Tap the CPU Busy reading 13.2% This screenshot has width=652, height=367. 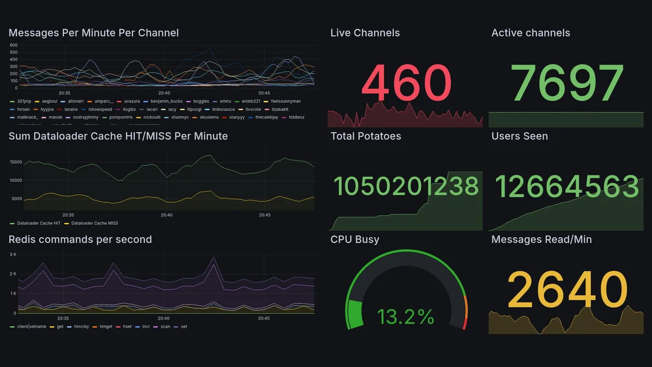coord(405,317)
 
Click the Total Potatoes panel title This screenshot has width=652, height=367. coord(366,136)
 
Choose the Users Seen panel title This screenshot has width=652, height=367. coord(520,136)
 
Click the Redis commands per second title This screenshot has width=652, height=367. coord(80,240)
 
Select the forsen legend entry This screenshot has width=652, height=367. coord(23,109)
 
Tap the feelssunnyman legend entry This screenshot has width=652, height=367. coord(286,101)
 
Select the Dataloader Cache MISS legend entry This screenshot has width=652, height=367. coord(94,223)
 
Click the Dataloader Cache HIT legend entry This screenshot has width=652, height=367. coord(39,223)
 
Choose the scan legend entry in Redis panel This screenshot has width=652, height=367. coord(165,326)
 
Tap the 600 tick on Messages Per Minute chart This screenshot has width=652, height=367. coord(13,45)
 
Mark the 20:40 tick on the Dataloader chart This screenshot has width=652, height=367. coord(166,215)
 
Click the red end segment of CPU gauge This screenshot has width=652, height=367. coord(464,323)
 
